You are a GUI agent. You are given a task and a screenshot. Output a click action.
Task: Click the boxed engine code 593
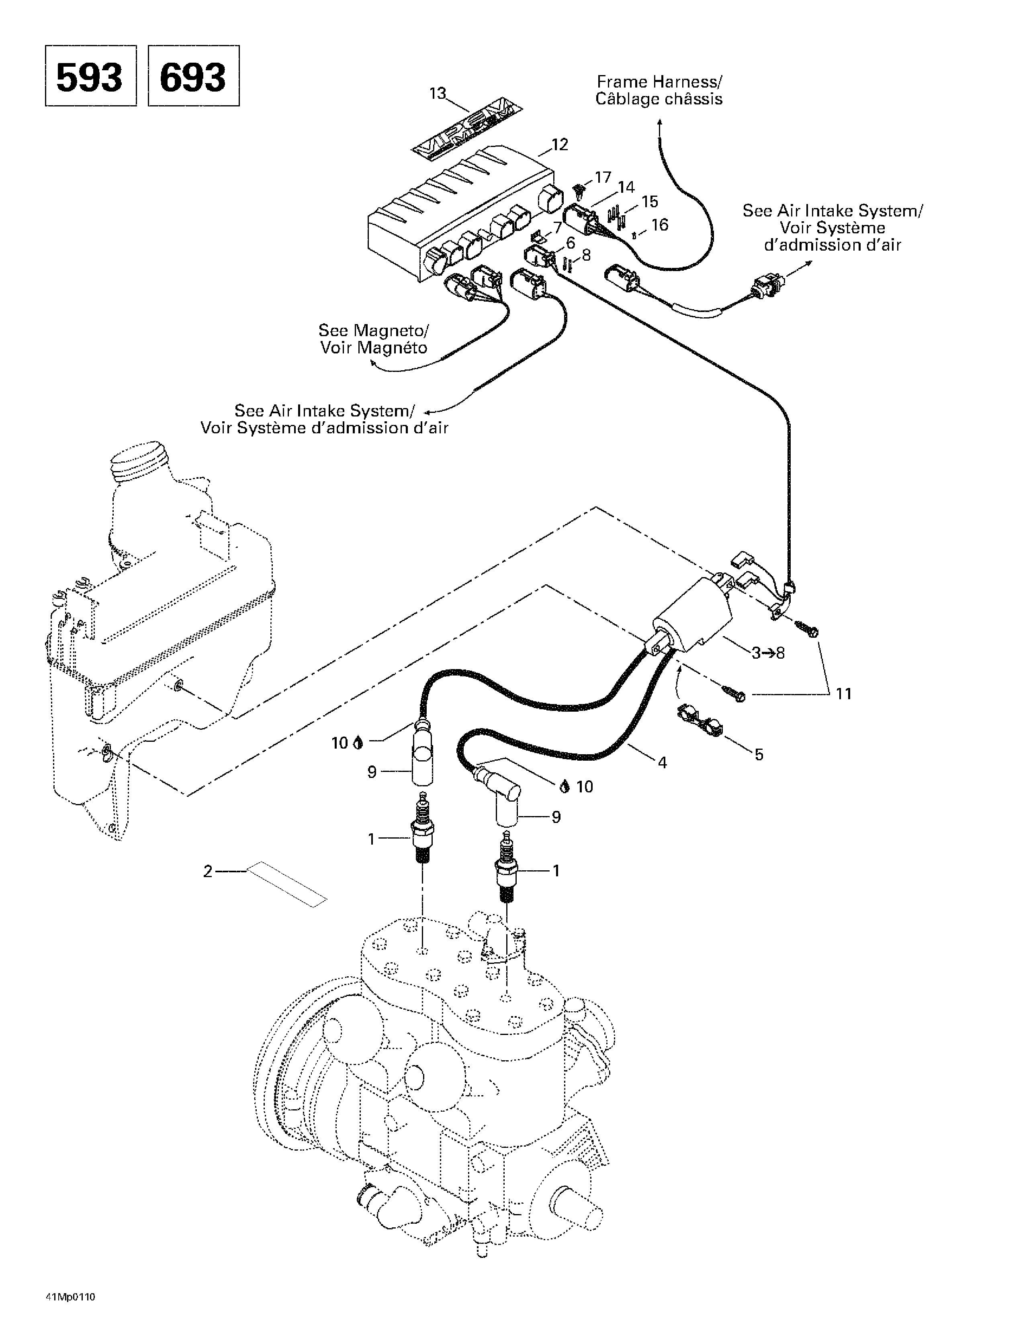[x=90, y=76]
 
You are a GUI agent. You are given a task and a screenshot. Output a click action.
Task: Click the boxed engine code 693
[x=193, y=76]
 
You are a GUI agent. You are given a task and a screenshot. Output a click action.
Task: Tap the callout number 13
[x=438, y=94]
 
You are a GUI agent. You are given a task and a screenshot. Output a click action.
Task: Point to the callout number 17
[x=603, y=177]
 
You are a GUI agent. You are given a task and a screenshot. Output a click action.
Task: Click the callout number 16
[x=660, y=225]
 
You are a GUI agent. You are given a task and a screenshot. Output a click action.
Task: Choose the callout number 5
[x=759, y=755]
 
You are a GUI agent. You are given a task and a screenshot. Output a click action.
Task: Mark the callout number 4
[x=662, y=763]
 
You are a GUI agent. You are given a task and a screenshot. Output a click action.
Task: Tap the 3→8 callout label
[x=768, y=653]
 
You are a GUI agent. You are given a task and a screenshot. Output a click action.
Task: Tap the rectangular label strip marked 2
[x=287, y=884]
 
